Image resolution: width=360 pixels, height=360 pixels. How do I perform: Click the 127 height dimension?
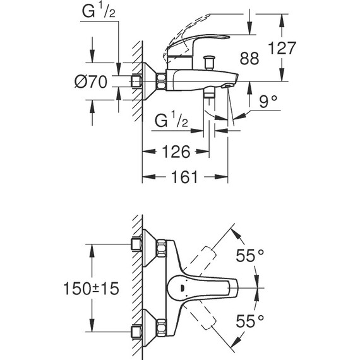(x=282, y=48)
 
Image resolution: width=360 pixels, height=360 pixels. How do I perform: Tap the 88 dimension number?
(x=249, y=58)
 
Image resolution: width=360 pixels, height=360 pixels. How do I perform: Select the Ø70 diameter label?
(x=91, y=81)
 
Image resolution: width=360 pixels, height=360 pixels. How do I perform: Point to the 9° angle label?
(x=268, y=101)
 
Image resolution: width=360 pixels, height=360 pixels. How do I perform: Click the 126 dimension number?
(x=176, y=152)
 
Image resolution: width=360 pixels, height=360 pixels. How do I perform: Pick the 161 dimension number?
(x=184, y=177)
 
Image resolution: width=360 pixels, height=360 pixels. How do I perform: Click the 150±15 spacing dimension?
(x=91, y=289)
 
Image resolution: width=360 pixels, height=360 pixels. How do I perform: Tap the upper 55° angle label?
(x=250, y=256)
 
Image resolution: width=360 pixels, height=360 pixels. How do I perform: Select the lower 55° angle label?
(x=250, y=321)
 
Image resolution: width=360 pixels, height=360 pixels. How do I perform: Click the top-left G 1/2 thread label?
(x=99, y=11)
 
